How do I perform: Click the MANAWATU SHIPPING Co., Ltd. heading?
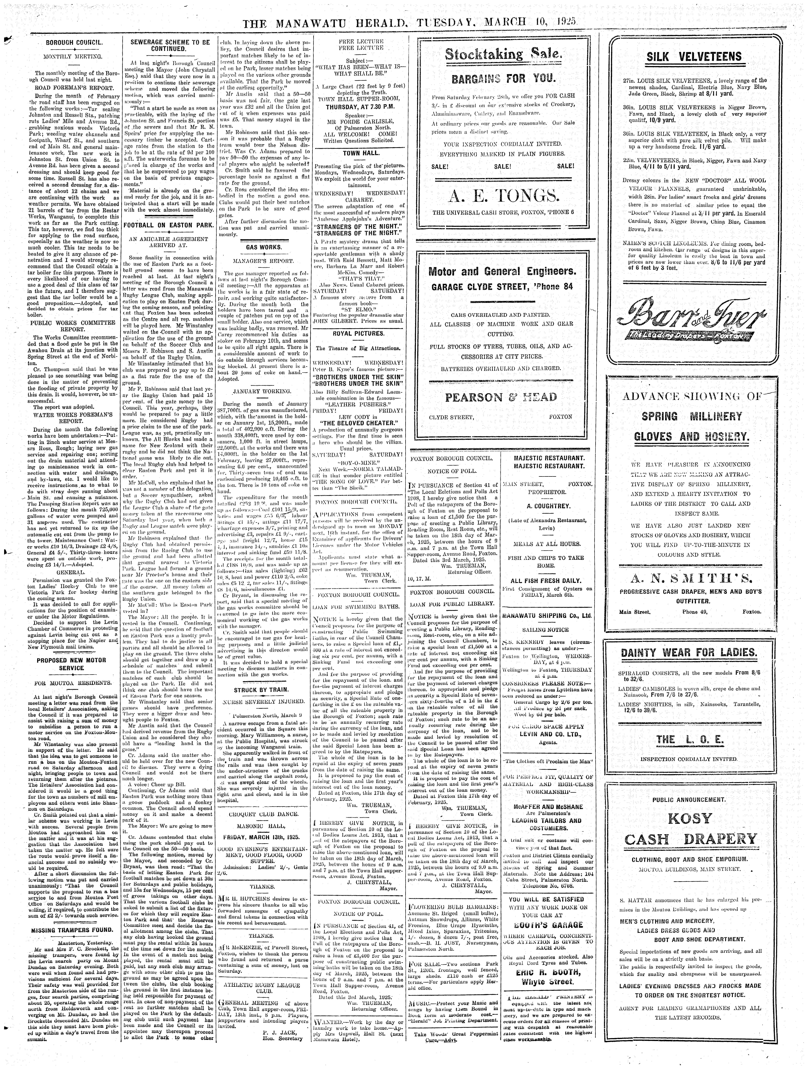click(547, 616)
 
